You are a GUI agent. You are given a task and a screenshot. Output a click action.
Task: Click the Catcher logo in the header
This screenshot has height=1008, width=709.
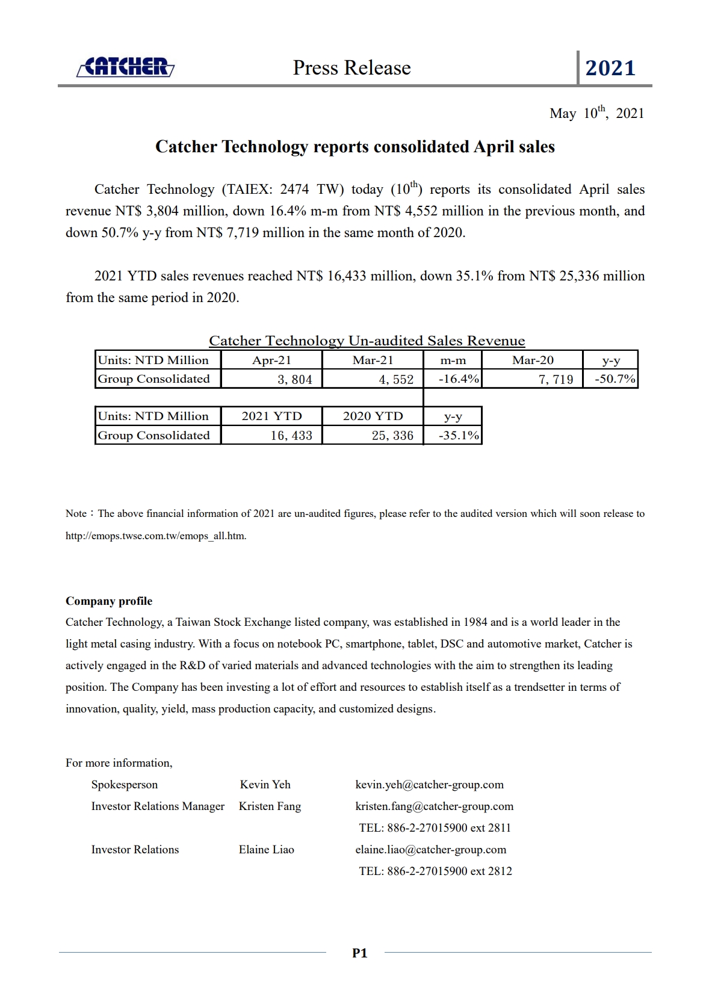coord(126,67)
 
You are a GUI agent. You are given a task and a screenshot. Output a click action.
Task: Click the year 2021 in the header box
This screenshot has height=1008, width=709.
coord(610,68)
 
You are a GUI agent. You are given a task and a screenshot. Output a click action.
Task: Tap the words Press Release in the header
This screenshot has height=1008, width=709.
coord(351,67)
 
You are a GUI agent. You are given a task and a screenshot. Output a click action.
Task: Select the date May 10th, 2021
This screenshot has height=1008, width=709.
coord(596,113)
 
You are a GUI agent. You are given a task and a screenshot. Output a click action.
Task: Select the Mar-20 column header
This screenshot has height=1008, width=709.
coord(533,360)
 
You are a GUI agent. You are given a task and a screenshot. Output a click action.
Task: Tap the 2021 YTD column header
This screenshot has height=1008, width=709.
coord(271,416)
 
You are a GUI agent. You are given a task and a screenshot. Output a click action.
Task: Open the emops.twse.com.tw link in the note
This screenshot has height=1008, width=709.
coord(156,536)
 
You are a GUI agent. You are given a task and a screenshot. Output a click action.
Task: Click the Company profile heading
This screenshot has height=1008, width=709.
coord(109,601)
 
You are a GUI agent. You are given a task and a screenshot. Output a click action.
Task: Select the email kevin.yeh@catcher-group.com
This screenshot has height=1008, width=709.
coord(429,784)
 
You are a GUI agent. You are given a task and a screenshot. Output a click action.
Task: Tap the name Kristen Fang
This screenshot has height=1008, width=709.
coord(270,806)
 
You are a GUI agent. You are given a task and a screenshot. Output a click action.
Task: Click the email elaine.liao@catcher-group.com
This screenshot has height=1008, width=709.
coord(430,849)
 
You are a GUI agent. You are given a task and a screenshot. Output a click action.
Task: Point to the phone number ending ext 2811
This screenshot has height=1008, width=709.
coord(435,827)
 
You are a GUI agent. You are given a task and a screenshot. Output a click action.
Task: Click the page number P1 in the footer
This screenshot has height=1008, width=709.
coord(359,953)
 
